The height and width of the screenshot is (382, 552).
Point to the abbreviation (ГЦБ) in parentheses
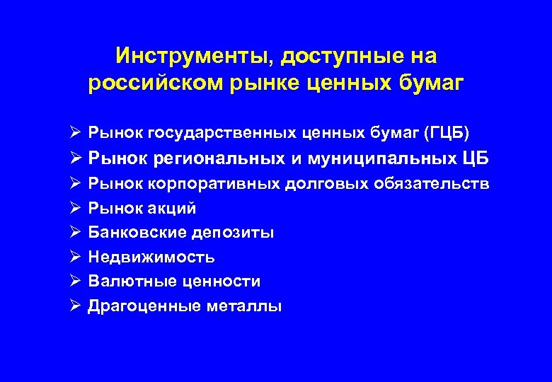(443, 132)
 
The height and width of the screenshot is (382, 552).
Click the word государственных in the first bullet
(216, 132)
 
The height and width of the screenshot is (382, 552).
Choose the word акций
(172, 209)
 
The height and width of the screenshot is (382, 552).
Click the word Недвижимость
(151, 257)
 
